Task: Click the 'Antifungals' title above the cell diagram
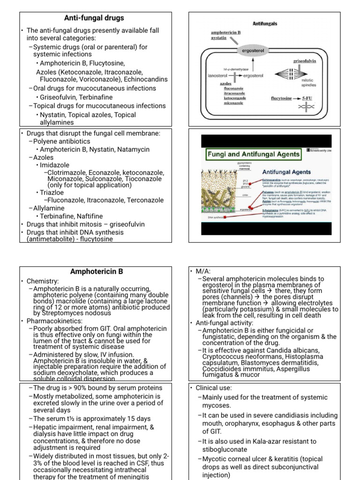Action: click(x=265, y=22)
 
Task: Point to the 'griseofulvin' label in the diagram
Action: click(x=305, y=61)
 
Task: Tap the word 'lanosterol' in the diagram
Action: click(x=217, y=75)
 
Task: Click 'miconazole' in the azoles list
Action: click(x=233, y=103)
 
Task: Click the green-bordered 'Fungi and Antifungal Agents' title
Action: click(x=254, y=154)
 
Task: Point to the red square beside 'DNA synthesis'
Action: click(x=225, y=217)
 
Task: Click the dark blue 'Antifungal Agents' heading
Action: click(x=286, y=172)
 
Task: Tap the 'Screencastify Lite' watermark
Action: click(x=319, y=150)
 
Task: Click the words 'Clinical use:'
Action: click(x=214, y=388)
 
